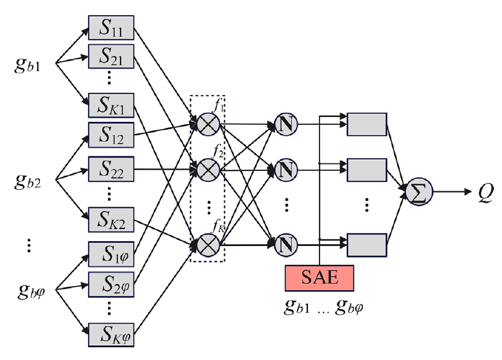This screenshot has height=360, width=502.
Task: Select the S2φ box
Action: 111,282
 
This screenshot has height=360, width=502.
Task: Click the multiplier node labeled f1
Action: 207,125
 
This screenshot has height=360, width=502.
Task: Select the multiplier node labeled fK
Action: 207,245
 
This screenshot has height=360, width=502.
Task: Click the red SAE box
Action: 319,278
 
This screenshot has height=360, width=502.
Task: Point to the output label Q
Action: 485,192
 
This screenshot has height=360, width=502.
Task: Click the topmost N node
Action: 286,125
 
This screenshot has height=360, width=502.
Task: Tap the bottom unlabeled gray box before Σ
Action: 366,245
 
